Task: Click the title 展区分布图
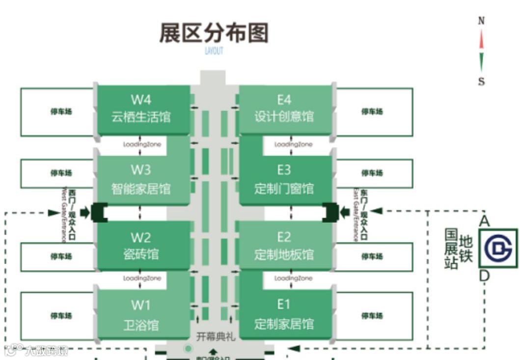coord(214,33)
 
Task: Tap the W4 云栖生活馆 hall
coord(141,109)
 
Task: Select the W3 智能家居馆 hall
coord(141,179)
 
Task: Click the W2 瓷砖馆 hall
coord(141,246)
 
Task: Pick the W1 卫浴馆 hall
coord(141,314)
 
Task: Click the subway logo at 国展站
coord(497,248)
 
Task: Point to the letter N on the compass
coord(481,21)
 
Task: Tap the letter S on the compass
coord(481,82)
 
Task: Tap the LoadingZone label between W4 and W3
coord(141,144)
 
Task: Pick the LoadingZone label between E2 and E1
coord(293,278)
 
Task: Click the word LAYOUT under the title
coord(214,51)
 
